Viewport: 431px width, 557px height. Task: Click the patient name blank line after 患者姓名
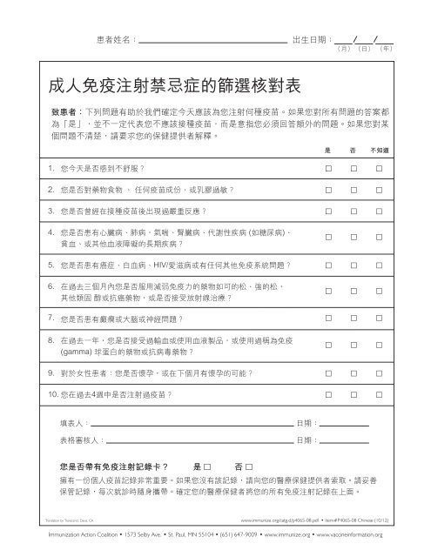(214, 40)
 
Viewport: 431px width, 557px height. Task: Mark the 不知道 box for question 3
(379, 211)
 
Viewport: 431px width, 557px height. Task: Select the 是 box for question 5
(327, 265)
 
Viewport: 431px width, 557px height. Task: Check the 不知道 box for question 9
(379, 373)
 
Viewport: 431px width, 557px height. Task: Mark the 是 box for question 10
(327, 395)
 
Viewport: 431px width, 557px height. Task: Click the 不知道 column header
(379, 151)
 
